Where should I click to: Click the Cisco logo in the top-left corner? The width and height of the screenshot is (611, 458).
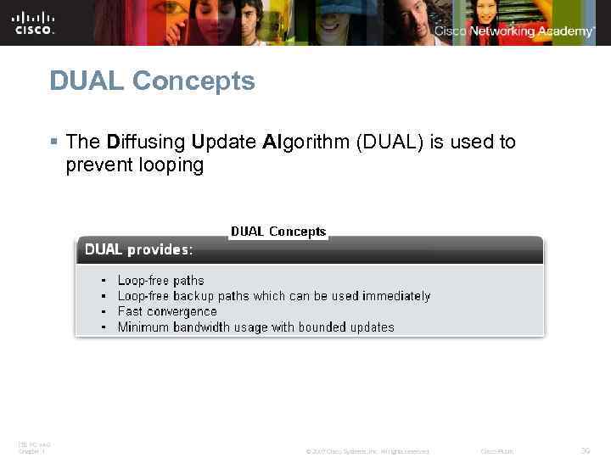pos(34,23)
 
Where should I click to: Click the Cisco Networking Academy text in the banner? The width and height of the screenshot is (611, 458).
pos(514,31)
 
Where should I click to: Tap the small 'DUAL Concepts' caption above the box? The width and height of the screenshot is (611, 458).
pos(278,232)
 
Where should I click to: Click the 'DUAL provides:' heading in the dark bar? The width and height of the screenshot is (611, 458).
pos(137,250)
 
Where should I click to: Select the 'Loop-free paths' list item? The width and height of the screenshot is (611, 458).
pos(160,281)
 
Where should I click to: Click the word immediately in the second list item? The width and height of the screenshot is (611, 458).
pos(396,296)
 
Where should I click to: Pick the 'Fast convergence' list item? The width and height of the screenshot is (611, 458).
pos(167,311)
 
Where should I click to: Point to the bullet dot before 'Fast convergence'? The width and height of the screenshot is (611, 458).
pos(104,311)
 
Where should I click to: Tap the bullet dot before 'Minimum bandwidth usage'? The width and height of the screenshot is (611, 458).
pos(104,327)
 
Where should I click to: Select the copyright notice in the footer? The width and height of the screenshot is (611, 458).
pos(367,451)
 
